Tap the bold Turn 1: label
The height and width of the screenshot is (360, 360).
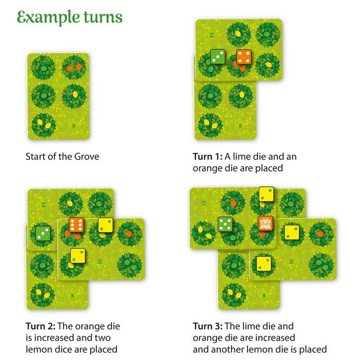pos(208,157)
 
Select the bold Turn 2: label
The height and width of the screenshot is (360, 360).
pos(40,326)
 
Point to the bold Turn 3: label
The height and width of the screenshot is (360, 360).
pos(208,326)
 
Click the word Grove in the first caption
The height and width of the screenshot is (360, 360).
pos(87,157)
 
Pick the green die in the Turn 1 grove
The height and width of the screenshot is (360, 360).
pos(218,57)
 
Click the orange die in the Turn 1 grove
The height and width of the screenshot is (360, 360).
pos(244,57)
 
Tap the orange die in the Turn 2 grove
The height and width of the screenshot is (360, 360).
pos(76,225)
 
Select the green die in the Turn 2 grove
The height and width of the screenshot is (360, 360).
pos(43,233)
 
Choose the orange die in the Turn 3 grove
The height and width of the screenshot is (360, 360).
pos(266,223)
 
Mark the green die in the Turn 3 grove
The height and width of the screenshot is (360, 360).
pos(225,224)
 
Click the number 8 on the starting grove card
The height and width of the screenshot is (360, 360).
pos(74,125)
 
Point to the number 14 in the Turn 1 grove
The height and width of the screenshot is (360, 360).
pos(211,35)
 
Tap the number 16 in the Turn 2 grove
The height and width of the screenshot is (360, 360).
pos(100,262)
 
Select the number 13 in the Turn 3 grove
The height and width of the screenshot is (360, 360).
pos(204,203)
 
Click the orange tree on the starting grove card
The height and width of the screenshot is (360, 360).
pos(74,68)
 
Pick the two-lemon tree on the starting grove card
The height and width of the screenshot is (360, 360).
pos(43,125)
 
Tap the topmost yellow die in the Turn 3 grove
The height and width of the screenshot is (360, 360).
pos(266,194)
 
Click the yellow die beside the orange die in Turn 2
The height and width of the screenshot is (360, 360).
pos(105,225)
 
